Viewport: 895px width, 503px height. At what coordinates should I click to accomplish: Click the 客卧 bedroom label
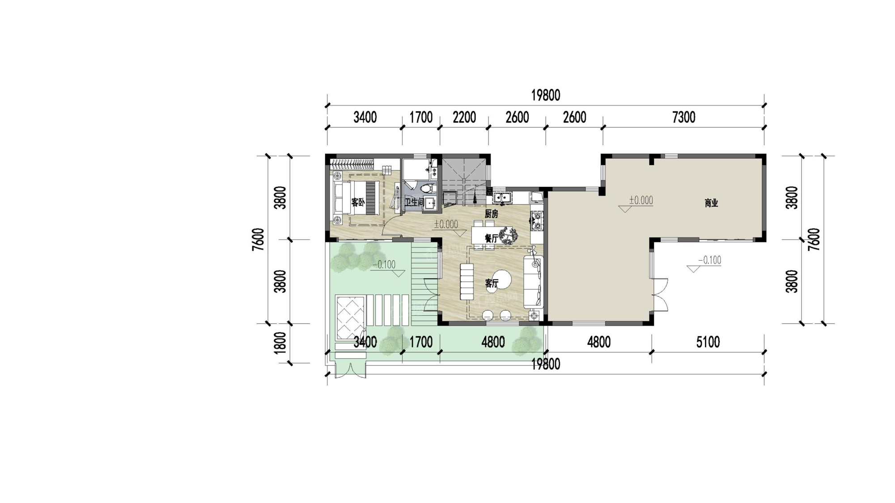coord(358,203)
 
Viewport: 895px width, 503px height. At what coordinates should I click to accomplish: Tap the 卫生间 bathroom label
coord(414,203)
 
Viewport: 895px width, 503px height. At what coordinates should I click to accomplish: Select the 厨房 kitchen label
coord(491,214)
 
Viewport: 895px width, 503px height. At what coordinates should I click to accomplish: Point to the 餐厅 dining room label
coord(491,239)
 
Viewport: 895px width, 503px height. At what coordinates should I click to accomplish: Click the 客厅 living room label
coord(492,283)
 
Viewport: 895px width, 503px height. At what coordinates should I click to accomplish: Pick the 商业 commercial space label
coord(711,203)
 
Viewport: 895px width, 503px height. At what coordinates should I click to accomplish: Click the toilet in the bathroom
coord(427,187)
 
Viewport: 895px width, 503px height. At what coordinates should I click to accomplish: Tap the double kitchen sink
coord(503,197)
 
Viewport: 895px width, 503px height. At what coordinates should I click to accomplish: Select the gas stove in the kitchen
coord(536,221)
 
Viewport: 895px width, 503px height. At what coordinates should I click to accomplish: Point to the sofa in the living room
coord(533,282)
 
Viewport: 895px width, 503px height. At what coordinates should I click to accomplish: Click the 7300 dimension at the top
coord(683,118)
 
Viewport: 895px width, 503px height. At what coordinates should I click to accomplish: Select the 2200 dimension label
coord(464,118)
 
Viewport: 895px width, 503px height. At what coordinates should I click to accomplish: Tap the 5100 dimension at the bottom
coord(708,342)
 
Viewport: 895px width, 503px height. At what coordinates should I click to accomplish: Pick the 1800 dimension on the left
coord(280,343)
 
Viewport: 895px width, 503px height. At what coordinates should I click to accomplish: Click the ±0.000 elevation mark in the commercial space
coord(640,200)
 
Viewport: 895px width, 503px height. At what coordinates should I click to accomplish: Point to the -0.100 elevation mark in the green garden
coord(384,265)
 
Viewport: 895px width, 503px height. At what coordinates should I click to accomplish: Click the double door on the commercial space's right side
coord(660,295)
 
